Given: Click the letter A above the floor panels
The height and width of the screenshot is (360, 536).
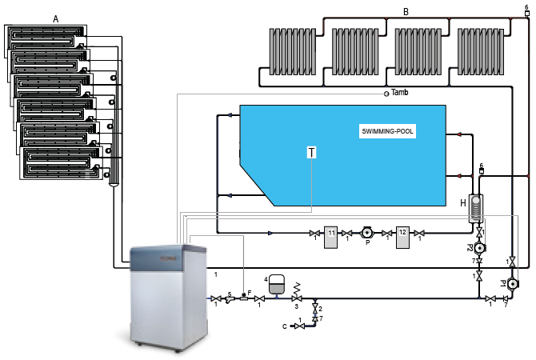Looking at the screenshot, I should point(56,18).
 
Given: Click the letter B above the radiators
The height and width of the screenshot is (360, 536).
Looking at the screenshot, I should point(406,13).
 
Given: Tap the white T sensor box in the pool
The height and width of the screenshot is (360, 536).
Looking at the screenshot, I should point(311,153).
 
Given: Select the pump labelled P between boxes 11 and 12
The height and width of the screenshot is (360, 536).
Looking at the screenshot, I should point(368,234).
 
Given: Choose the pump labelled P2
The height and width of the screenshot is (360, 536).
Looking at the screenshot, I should point(480,248).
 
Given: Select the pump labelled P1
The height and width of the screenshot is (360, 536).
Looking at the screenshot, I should point(513,283).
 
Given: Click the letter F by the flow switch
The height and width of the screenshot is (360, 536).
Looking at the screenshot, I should point(250,293).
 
